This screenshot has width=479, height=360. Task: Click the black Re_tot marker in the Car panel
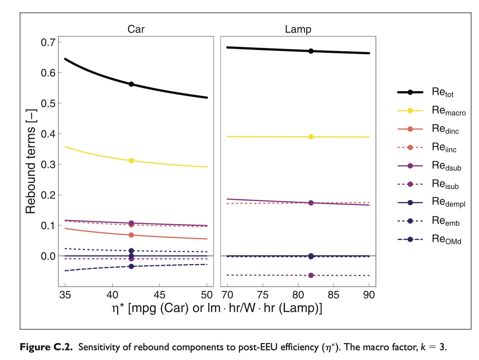point(131,84)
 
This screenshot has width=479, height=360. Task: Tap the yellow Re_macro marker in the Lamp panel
point(311,137)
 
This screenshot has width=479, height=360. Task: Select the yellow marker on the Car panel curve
point(131,161)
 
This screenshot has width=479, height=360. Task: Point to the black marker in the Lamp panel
point(311,51)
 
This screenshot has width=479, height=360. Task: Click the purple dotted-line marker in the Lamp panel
point(311,275)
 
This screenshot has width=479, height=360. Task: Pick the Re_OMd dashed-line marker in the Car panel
point(131,266)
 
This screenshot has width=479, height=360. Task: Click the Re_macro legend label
point(449,111)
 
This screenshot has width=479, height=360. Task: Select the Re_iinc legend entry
point(444,148)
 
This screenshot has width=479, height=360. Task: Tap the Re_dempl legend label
point(449,202)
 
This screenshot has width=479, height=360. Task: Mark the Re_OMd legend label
point(447,239)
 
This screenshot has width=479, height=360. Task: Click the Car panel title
point(136,29)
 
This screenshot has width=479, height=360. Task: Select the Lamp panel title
point(298,29)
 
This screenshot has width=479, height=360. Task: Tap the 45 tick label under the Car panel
point(159,295)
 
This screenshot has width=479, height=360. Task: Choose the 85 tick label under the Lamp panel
point(333,295)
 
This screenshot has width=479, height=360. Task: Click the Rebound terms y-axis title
point(31,162)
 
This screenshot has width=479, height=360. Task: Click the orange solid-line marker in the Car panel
point(131,235)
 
